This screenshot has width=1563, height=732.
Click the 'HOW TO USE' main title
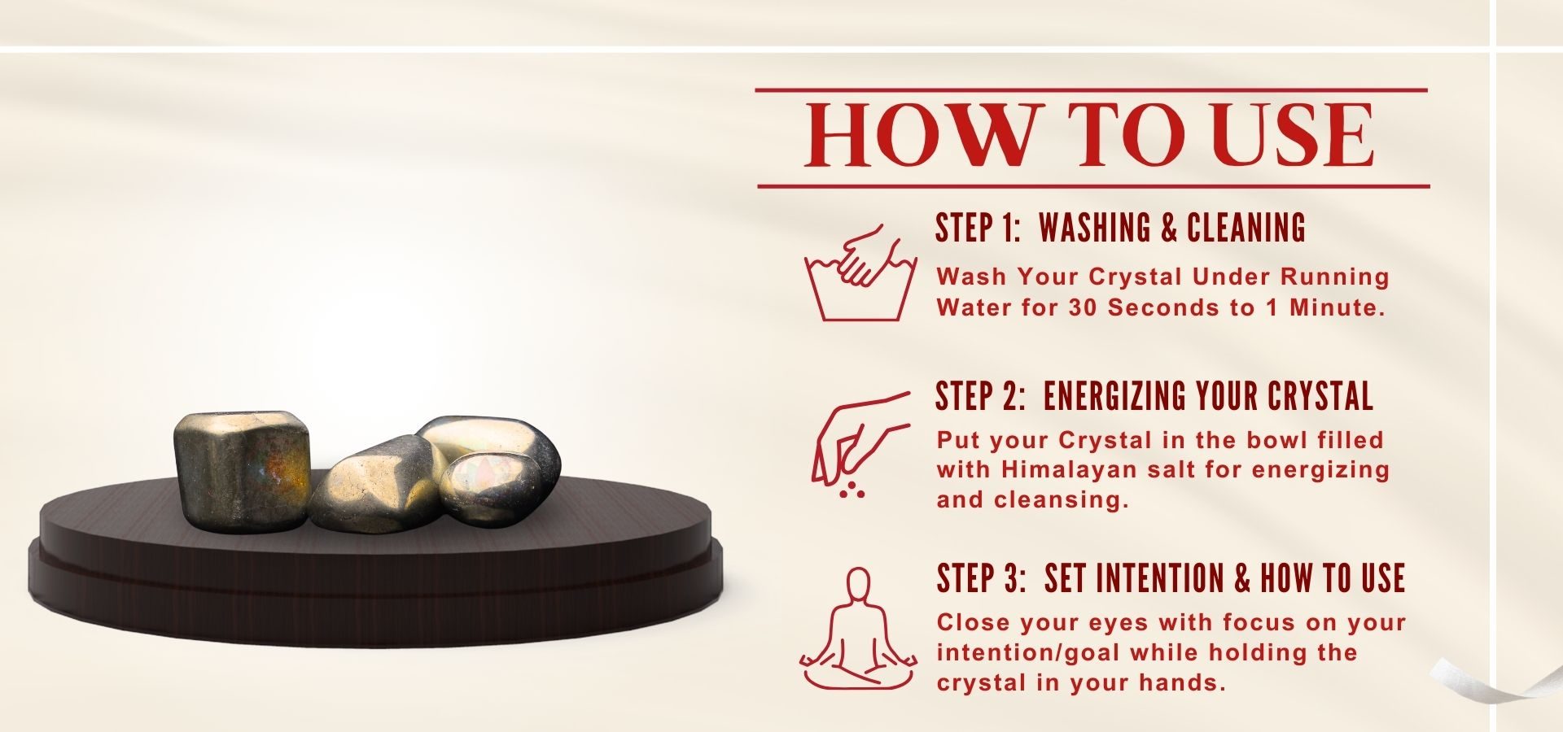click(x=1090, y=136)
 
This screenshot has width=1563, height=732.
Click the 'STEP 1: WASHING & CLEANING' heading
click(x=1121, y=228)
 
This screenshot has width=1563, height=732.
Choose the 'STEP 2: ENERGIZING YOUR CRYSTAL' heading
click(x=1154, y=396)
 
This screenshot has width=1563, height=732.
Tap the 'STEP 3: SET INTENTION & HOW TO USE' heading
click(x=1171, y=578)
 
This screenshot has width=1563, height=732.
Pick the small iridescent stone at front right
click(x=490, y=489)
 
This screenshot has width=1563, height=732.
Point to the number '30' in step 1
click(x=1084, y=307)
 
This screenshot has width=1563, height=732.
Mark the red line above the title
click(x=1092, y=90)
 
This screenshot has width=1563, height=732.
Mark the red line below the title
click(x=1093, y=186)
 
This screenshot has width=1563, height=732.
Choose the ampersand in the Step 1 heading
click(x=1170, y=228)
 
